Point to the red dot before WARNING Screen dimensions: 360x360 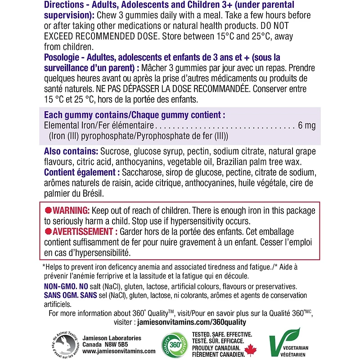tap(49, 211)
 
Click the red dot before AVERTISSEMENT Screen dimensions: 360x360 tap(49, 231)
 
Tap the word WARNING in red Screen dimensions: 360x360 tap(72, 211)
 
